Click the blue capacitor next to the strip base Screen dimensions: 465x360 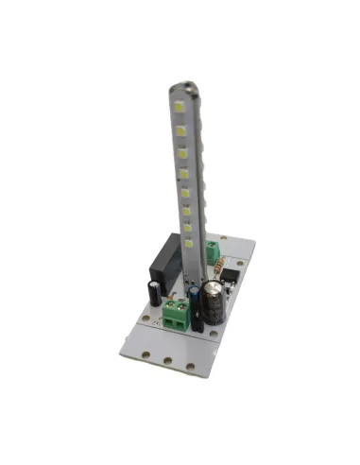194,301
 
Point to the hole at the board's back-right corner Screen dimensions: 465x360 251,245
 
